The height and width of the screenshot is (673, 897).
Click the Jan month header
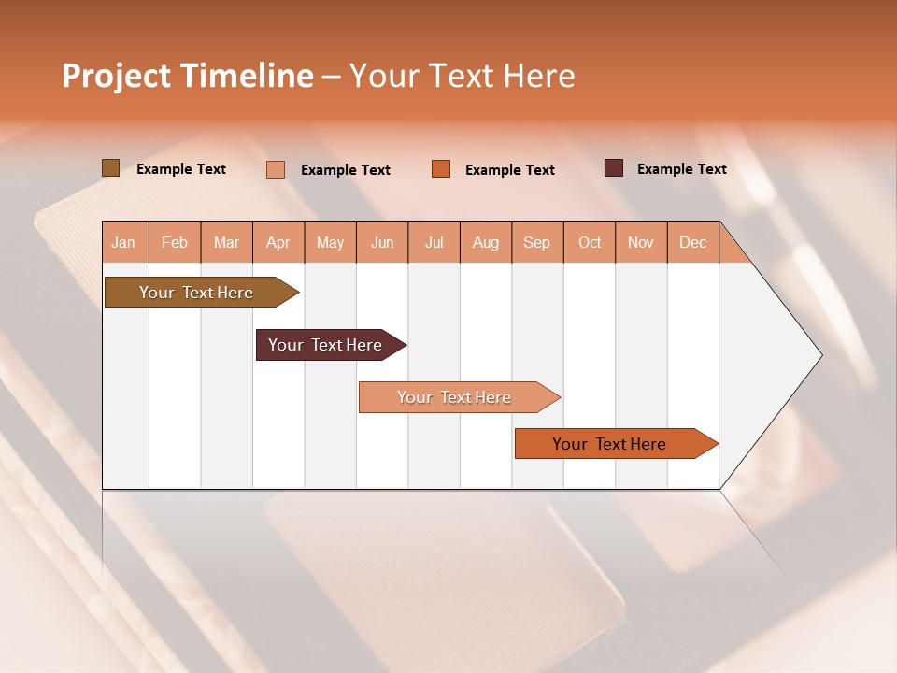(123, 242)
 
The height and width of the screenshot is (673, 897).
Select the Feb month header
(175, 242)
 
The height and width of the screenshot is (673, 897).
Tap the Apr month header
(278, 242)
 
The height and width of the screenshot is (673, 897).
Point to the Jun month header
(382, 242)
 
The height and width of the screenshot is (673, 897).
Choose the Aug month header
(485, 242)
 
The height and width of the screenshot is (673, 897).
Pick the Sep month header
(536, 242)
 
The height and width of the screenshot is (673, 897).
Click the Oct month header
(590, 242)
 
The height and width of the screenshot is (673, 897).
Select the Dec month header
(692, 242)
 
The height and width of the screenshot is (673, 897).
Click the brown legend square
(110, 168)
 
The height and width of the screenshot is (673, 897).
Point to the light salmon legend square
(276, 169)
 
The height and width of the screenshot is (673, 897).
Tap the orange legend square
(441, 168)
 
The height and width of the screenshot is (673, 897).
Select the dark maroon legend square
(614, 168)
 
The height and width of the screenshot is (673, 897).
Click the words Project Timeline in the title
(187, 76)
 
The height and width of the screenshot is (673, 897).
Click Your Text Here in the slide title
(462, 76)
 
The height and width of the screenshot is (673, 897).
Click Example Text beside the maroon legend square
(681, 169)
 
